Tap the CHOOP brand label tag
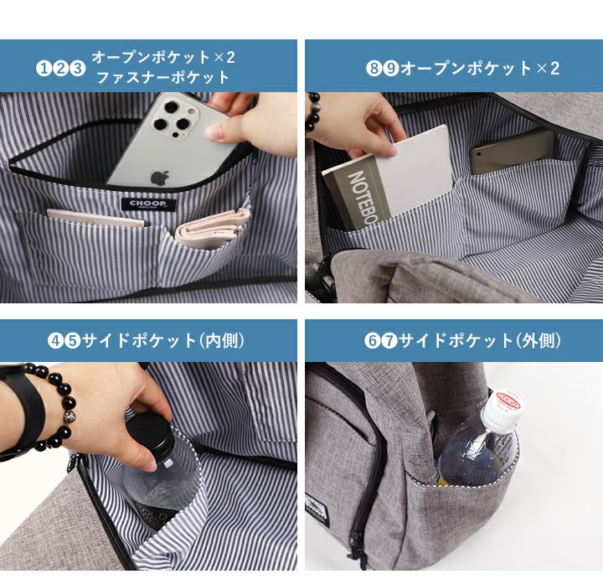149,204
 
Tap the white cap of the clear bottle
502,409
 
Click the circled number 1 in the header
44,69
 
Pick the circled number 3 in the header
77,69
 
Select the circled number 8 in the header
374,69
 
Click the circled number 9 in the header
391,69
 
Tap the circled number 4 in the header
55,341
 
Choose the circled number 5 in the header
72,341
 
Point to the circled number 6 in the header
372,341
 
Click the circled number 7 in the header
389,341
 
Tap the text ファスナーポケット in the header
163,78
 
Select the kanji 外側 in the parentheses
540,341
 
